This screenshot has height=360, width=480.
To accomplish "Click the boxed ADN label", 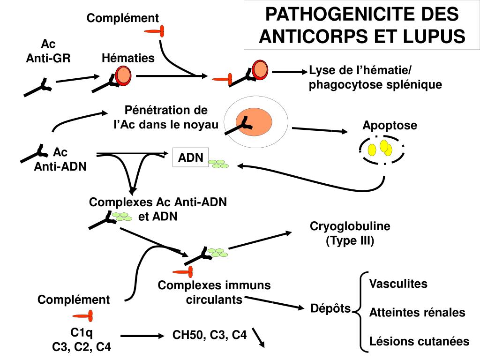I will (x=190, y=158).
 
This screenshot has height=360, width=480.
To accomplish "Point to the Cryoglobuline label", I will (x=350, y=226).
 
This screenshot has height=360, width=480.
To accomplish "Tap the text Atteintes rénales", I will (x=417, y=312).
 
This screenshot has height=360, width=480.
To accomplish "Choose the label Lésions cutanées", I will (x=419, y=341).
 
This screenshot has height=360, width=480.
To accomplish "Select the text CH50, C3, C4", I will (x=210, y=335).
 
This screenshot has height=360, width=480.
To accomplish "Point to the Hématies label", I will (x=128, y=58).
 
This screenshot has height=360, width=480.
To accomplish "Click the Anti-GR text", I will (x=48, y=58).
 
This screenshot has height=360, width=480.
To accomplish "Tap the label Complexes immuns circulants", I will (x=214, y=292).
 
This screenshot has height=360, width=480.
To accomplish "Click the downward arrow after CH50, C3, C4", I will (x=258, y=337).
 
